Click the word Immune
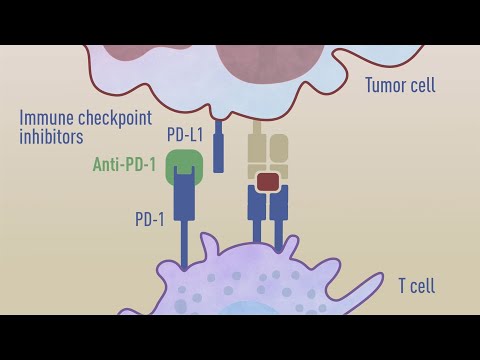(x=47, y=118)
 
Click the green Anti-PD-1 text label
(x=124, y=164)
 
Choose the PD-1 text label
(x=150, y=219)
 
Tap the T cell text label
(x=416, y=286)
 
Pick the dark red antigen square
(x=267, y=181)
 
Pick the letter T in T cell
(x=401, y=286)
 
